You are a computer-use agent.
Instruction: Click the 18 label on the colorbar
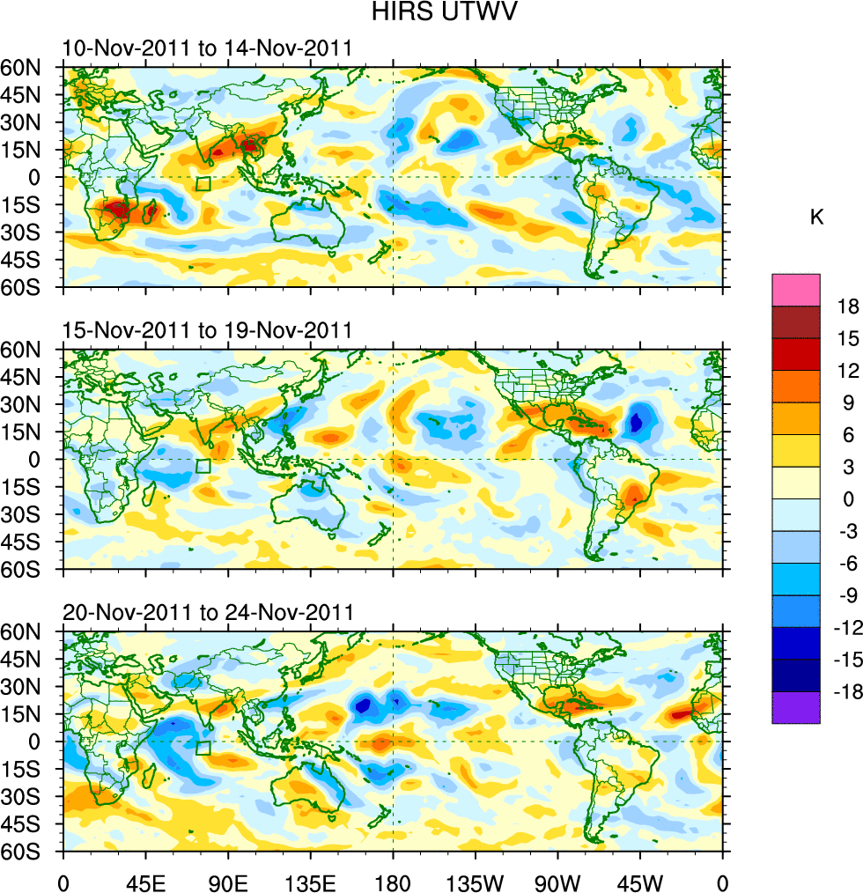pyautogui.click(x=848, y=306)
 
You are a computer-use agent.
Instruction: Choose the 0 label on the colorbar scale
pyautogui.click(x=848, y=499)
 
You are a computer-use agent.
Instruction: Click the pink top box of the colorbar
pyautogui.click(x=796, y=290)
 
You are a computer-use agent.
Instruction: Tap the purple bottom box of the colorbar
pyautogui.click(x=796, y=708)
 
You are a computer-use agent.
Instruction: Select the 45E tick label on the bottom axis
pyautogui.click(x=145, y=882)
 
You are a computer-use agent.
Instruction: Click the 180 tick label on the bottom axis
pyautogui.click(x=393, y=882)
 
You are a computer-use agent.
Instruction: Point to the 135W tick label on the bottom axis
pyautogui.click(x=475, y=882)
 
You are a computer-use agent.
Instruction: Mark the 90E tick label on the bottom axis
pyautogui.click(x=228, y=882)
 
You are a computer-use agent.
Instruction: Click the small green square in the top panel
pyautogui.click(x=203, y=184)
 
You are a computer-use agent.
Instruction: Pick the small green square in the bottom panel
pyautogui.click(x=203, y=748)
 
